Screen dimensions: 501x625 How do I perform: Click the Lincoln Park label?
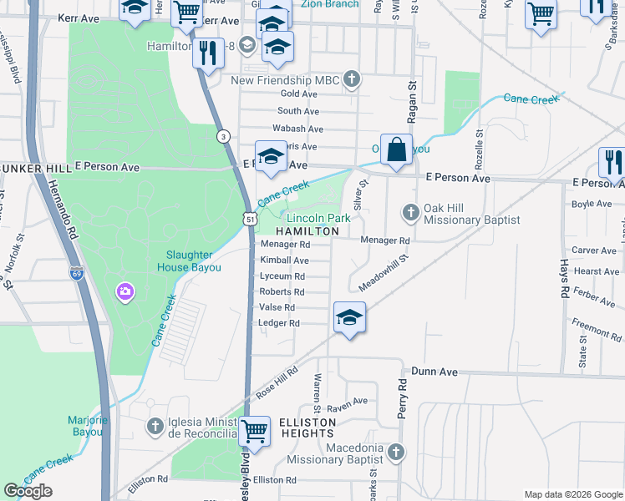point(318,217)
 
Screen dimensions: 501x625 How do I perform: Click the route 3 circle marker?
point(222,136)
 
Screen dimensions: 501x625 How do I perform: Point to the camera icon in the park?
point(125,291)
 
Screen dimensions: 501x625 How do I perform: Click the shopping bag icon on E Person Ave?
point(397,150)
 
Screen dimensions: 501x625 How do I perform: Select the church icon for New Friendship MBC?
point(353,80)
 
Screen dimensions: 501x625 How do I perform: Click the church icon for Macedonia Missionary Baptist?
point(395,452)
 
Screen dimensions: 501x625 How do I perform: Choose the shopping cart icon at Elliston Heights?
point(254,432)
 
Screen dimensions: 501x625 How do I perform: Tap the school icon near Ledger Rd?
point(349,317)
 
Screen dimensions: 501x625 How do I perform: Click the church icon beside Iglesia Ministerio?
point(154,428)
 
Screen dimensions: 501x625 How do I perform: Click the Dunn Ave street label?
point(434,371)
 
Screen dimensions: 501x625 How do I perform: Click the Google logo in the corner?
point(28,491)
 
